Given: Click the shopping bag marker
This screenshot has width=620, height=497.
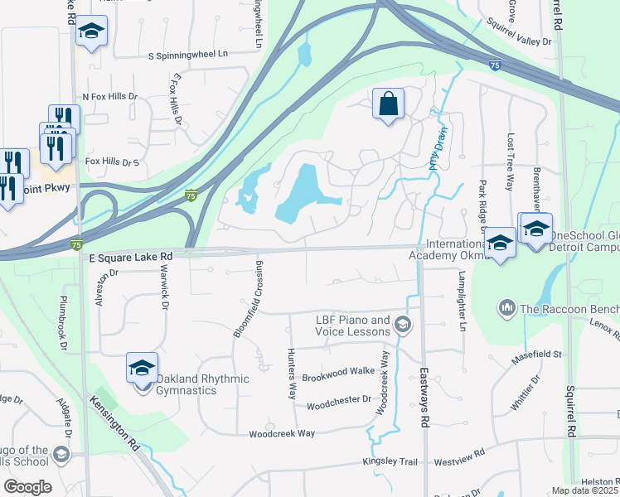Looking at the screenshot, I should [388, 104].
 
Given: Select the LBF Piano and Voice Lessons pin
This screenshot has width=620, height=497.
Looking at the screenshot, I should [404, 324].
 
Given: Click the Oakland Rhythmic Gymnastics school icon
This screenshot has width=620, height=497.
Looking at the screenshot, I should [142, 367].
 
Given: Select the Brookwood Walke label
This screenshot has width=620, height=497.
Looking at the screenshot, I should [337, 371].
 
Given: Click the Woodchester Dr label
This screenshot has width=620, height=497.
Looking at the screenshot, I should [338, 407].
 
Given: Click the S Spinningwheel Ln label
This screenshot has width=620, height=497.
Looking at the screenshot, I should [187, 55].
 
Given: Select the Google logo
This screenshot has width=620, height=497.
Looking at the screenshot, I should [27, 486].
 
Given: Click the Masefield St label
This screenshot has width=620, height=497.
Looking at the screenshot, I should [537, 355].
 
